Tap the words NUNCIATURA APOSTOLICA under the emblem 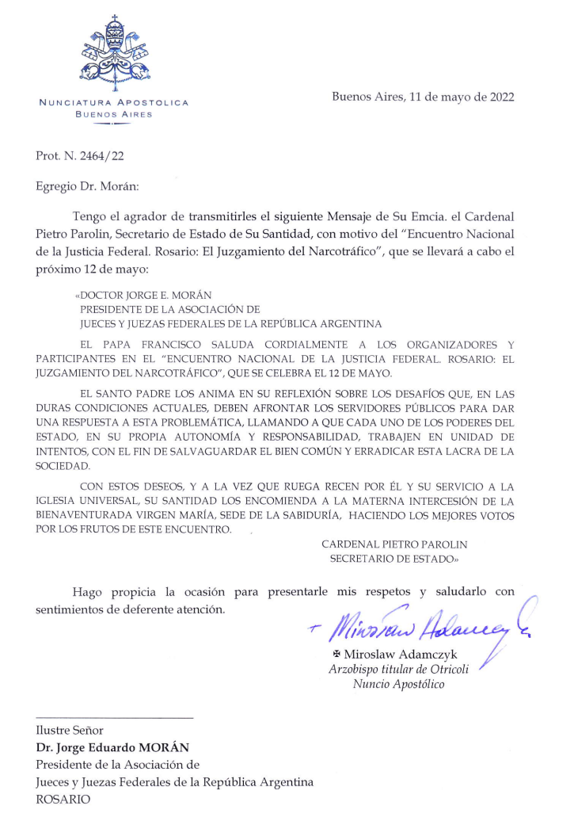pyautogui.click(x=114, y=102)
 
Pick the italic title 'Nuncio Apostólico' pyautogui.click(x=398, y=685)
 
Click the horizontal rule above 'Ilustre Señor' pyautogui.click(x=114, y=718)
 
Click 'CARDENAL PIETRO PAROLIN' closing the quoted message pyautogui.click(x=394, y=544)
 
